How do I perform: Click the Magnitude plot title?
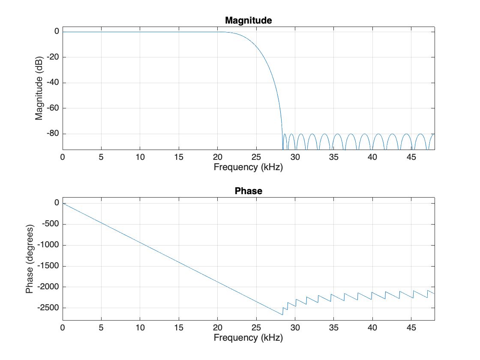point(249,20)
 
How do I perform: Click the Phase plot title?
point(249,191)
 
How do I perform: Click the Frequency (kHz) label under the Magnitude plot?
point(249,167)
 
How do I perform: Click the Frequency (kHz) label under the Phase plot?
point(249,338)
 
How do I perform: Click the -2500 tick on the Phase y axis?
point(48,308)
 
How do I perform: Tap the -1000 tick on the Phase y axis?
point(48,245)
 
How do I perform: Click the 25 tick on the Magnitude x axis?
point(256,157)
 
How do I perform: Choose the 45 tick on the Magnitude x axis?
point(411,157)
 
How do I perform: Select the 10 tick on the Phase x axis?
point(140,327)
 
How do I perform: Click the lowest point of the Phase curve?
point(282,315)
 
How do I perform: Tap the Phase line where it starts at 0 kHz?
point(63,203)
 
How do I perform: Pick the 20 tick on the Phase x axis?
point(218,327)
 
